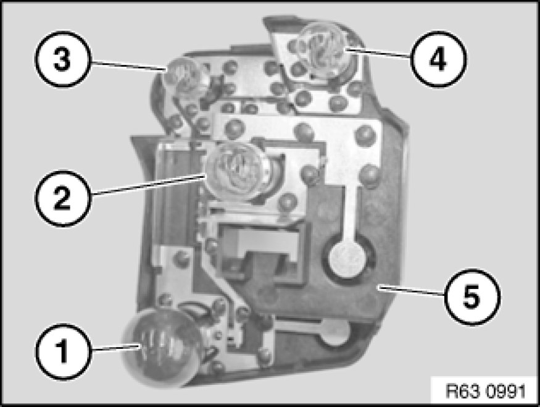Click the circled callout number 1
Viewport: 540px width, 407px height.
(x=63, y=351)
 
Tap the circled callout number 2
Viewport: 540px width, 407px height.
(x=62, y=198)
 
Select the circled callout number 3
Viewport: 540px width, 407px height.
(x=62, y=59)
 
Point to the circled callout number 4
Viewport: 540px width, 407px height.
(x=438, y=59)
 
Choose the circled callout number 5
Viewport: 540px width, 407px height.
(x=471, y=297)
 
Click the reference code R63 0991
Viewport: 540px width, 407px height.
(x=486, y=391)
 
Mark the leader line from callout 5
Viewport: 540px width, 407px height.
(x=411, y=290)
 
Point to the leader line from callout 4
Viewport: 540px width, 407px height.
(x=379, y=52)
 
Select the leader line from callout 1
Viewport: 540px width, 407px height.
(x=116, y=347)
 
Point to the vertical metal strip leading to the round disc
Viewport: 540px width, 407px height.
(x=351, y=214)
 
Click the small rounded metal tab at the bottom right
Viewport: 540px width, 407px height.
(x=333, y=332)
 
